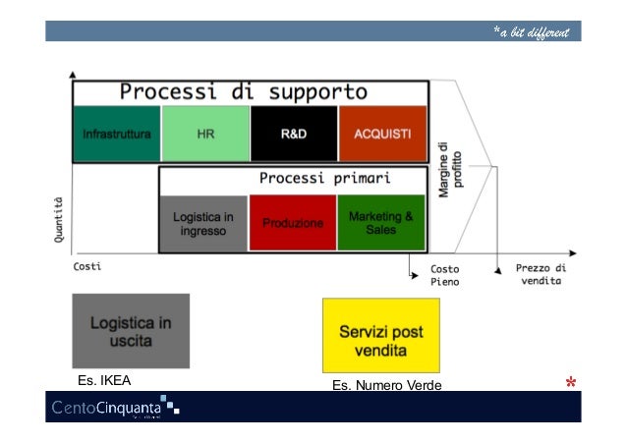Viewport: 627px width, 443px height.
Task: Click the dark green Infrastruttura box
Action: click(116, 134)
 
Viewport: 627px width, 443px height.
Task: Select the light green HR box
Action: click(205, 134)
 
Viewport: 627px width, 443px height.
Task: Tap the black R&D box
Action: click(294, 134)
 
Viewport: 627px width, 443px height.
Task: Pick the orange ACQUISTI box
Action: click(383, 134)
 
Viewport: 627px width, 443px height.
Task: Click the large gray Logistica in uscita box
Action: click(131, 330)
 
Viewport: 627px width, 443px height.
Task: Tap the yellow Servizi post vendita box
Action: click(381, 335)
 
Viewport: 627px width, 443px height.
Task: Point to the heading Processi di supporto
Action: click(244, 93)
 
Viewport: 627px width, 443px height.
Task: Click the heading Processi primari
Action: click(325, 179)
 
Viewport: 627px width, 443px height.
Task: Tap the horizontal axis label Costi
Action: click(87, 266)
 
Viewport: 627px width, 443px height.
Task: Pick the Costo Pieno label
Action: click(445, 274)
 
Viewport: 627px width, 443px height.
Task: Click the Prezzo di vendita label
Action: click(541, 273)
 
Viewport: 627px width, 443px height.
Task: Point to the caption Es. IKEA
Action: click(104, 379)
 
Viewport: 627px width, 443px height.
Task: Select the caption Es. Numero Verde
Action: click(386, 384)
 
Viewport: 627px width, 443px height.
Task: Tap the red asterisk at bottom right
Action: click(570, 381)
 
